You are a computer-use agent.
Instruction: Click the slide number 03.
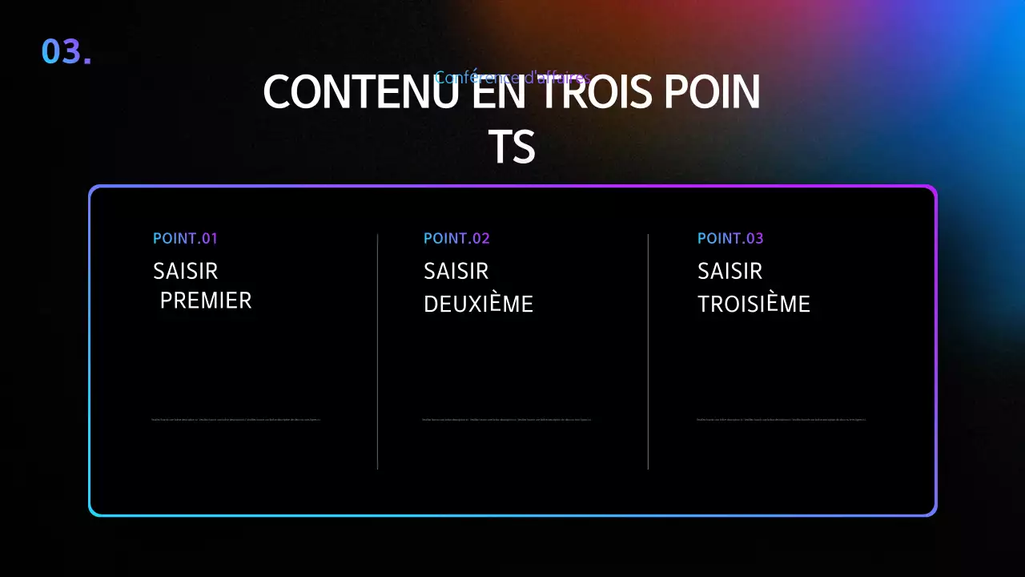point(66,51)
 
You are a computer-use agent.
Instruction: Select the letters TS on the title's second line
point(512,147)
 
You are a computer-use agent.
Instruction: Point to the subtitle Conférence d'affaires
point(512,78)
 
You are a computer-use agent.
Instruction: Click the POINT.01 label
point(185,238)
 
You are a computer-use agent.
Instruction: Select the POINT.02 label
point(456,238)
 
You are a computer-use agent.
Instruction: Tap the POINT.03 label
point(730,238)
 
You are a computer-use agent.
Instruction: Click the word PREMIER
point(206,301)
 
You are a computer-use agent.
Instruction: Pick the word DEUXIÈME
point(478,305)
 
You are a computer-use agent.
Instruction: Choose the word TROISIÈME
point(754,305)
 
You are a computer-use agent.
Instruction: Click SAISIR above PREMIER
point(185,271)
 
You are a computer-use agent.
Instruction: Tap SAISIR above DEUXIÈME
point(456,271)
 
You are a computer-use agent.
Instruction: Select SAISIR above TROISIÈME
point(730,271)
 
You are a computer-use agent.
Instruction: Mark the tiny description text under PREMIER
point(236,419)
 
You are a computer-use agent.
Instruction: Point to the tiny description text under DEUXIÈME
point(507,419)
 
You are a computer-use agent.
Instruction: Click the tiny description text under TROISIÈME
point(782,419)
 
